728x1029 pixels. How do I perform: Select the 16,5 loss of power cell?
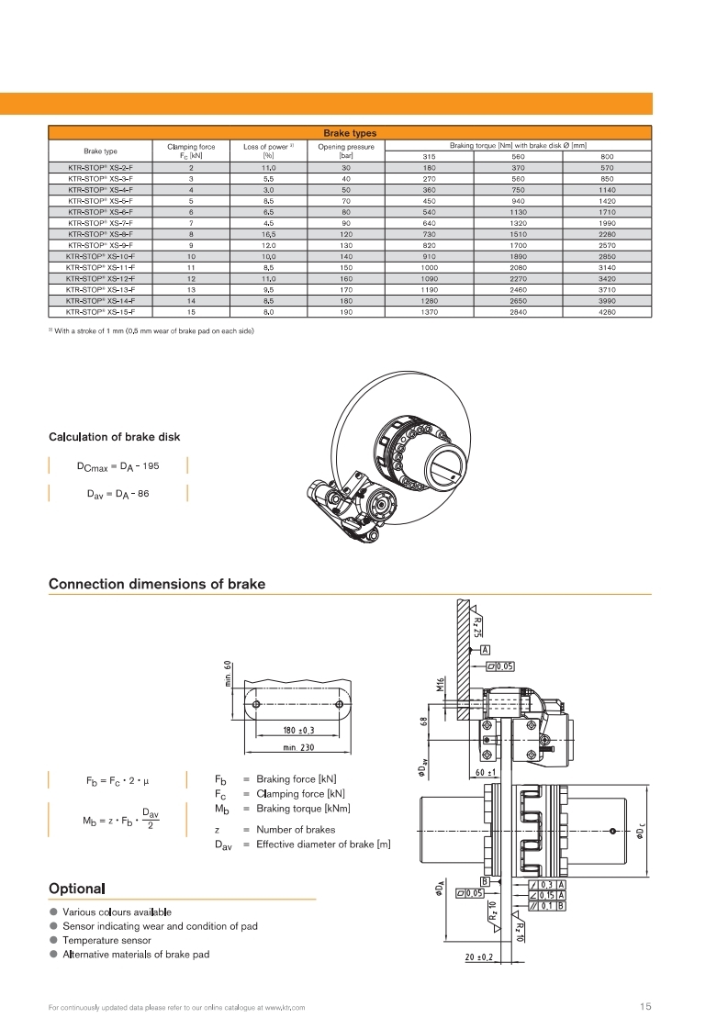267,234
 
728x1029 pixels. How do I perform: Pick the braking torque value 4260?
607,312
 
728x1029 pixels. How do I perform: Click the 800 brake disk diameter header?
607,157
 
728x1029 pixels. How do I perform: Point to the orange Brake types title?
350,133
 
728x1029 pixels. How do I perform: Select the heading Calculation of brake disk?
114,436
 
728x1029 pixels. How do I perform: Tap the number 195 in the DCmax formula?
150,466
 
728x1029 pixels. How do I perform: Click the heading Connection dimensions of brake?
157,584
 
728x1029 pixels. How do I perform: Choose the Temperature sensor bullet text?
106,940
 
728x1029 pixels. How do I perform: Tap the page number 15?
645,1007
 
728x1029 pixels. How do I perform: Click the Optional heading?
77,889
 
